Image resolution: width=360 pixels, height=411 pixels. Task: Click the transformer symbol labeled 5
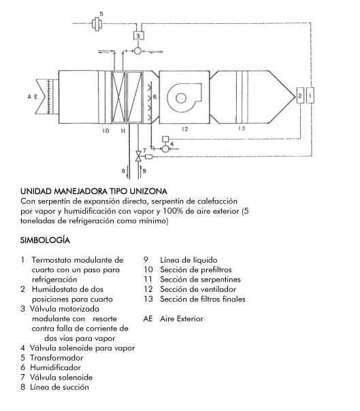pyautogui.click(x=97, y=24)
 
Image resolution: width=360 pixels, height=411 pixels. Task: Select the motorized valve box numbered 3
pyautogui.click(x=138, y=35)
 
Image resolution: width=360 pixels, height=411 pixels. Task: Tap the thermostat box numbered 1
pyautogui.click(x=310, y=95)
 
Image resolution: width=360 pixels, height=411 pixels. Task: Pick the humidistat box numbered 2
pyautogui.click(x=300, y=95)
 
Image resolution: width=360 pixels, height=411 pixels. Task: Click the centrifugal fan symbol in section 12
pyautogui.click(x=184, y=97)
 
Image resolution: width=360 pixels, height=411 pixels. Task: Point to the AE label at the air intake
pyautogui.click(x=33, y=97)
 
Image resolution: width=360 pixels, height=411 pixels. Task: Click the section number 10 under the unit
pyautogui.click(x=105, y=131)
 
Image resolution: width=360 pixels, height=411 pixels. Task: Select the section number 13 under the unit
pyautogui.click(x=242, y=128)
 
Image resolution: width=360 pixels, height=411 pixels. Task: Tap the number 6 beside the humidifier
pyautogui.click(x=154, y=97)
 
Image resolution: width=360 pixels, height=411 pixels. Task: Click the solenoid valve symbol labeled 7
pyautogui.click(x=138, y=156)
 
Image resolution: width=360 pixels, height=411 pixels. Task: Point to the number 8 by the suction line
pyautogui.click(x=123, y=171)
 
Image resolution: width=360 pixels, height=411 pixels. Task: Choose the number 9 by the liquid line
pyautogui.click(x=144, y=171)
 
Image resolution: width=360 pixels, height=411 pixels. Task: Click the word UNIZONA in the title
pyautogui.click(x=148, y=191)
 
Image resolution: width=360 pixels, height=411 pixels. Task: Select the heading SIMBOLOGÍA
pyautogui.click(x=45, y=240)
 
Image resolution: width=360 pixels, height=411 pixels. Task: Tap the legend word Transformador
pyautogui.click(x=56, y=357)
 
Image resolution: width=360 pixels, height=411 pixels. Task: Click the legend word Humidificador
pyautogui.click(x=55, y=367)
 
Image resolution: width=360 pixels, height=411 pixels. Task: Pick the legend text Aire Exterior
pyautogui.click(x=182, y=318)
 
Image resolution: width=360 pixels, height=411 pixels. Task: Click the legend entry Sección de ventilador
pyautogui.click(x=198, y=289)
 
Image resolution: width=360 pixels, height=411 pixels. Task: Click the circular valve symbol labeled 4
pyautogui.click(x=165, y=148)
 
